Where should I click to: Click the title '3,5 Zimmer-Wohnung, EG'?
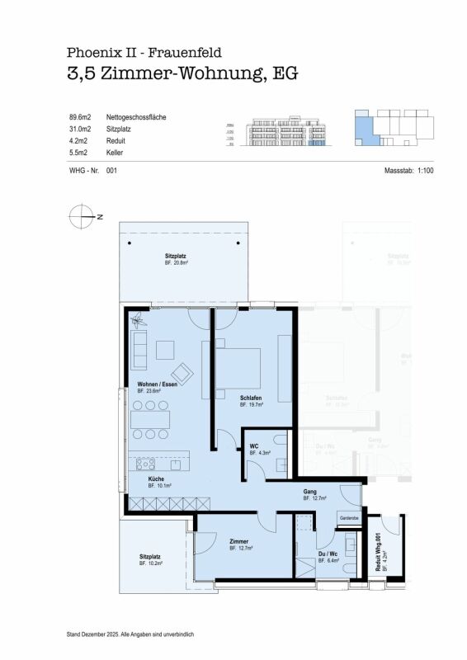point(182,73)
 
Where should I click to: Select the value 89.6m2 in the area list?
point(80,118)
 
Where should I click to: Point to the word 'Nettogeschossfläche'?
point(136,118)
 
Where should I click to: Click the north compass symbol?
point(82,217)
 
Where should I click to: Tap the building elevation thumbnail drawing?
point(281,130)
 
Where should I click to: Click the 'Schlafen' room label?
point(252,398)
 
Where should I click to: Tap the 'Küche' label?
point(156,479)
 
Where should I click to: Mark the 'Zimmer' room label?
point(240,541)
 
